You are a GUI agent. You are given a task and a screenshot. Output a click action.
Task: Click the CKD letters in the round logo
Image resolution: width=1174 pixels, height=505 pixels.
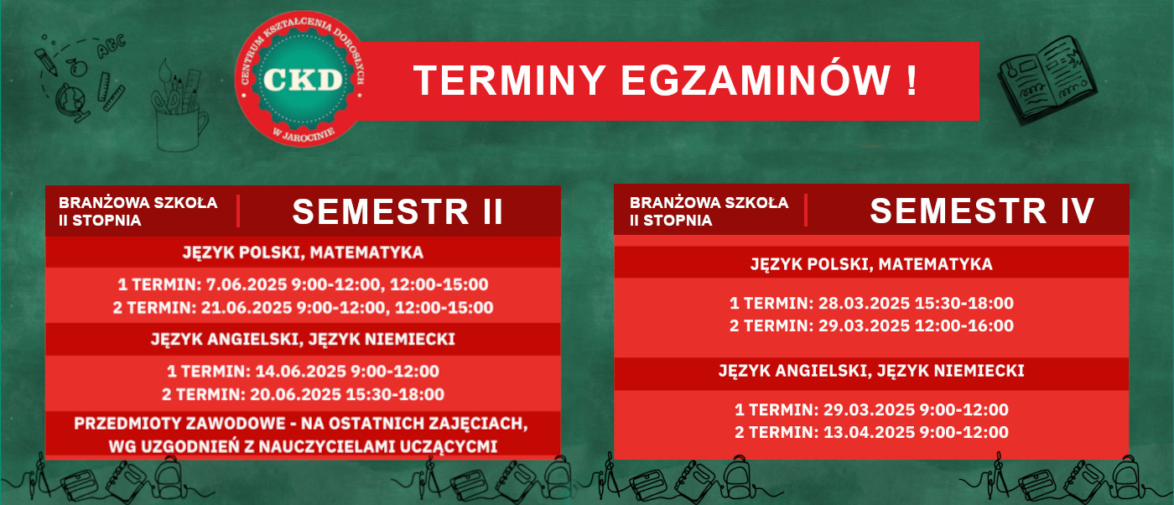303,79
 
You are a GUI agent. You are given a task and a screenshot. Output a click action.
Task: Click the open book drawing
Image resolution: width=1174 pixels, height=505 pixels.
1047,81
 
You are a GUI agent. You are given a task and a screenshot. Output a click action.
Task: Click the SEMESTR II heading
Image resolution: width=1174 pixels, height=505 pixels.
397,212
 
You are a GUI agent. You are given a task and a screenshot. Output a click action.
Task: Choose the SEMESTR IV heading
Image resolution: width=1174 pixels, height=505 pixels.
982,211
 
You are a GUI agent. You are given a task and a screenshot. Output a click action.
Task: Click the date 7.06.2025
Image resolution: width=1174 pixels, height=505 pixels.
247,284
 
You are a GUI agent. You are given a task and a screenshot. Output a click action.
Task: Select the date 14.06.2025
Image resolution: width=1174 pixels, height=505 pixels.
300,372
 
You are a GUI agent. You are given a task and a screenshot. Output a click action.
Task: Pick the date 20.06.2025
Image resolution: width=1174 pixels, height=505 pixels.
295,394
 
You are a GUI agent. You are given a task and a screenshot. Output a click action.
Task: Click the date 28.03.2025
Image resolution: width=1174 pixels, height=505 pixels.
865,303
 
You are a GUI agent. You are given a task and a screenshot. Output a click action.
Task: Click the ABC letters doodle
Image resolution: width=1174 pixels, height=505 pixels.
111,46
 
